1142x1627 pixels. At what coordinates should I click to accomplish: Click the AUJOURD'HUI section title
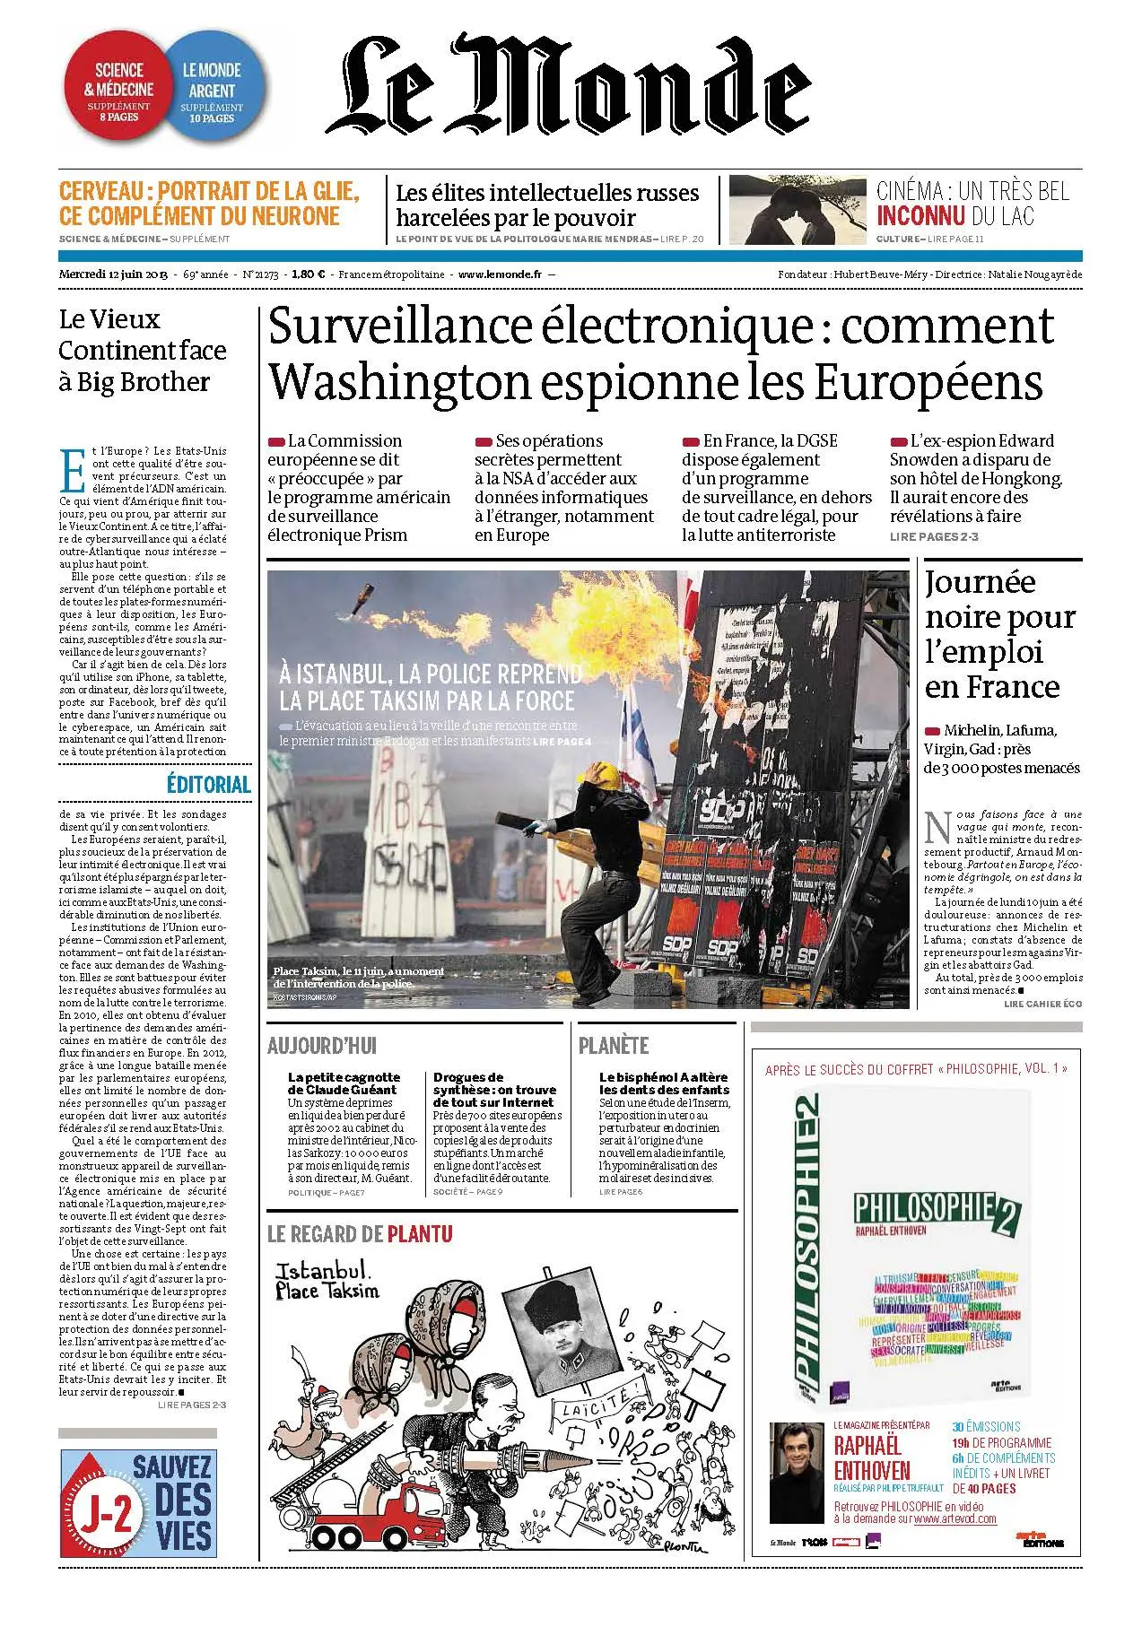tap(322, 1046)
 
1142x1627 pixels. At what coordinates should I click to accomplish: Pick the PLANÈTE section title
tap(614, 1046)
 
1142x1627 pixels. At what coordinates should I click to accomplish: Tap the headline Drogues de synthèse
tap(494, 1089)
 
